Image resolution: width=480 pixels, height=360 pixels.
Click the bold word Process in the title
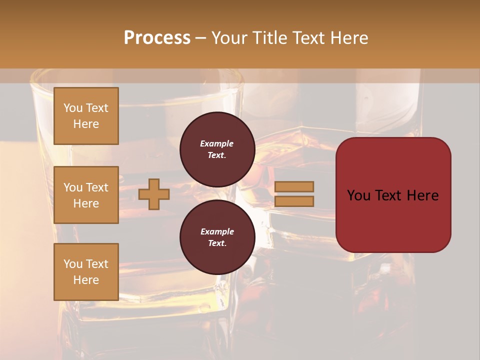coord(157,38)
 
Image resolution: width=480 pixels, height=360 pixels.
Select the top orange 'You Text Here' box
coord(86,116)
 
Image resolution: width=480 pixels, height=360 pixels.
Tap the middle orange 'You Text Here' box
coord(86,195)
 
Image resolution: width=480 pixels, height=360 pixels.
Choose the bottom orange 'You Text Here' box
coord(86,272)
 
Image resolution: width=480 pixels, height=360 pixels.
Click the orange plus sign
coord(153,194)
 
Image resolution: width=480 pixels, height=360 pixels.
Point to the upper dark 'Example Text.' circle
coord(217,149)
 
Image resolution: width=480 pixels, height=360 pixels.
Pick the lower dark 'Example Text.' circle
coord(217,237)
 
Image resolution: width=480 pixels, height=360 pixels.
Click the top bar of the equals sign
coord(294,186)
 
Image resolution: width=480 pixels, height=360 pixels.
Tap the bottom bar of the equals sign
coord(294,201)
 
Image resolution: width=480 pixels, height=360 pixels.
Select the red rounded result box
coord(393,195)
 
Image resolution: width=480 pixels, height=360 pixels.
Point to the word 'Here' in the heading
coord(350,38)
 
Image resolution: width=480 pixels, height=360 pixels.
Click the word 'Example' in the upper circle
coord(217,143)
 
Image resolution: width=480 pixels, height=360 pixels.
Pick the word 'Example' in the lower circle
coord(217,231)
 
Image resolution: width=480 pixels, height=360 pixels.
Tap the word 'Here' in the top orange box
coord(86,124)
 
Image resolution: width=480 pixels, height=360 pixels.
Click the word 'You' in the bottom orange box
coord(73,264)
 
